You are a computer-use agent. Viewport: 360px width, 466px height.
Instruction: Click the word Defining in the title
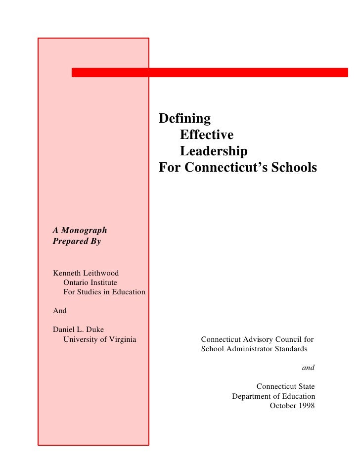pos(184,119)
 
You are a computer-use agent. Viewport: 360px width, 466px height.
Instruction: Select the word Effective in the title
pos(207,135)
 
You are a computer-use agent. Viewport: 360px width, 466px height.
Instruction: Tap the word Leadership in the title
pos(214,151)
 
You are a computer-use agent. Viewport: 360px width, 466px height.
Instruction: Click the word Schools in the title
pos(293,168)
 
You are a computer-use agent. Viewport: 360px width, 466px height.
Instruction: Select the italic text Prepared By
pos(77,242)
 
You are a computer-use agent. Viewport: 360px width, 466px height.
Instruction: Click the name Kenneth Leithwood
pos(86,273)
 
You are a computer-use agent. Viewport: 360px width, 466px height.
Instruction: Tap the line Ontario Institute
pos(90,282)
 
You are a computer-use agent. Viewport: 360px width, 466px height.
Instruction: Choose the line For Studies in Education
pos(104,292)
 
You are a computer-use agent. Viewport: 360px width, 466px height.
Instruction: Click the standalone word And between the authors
pos(59,311)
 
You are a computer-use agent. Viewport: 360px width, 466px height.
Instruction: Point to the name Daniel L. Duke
pos(78,329)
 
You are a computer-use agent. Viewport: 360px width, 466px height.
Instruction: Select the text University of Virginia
pos(100,339)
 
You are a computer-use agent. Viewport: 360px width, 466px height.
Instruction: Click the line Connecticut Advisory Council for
pos(257,339)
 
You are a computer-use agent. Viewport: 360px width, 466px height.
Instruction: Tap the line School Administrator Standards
pos(254,349)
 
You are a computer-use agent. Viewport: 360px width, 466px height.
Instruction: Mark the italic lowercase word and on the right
pos(308,368)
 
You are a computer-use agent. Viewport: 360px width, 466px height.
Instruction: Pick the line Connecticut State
pos(285,386)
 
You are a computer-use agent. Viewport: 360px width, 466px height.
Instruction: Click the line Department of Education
pos(273,396)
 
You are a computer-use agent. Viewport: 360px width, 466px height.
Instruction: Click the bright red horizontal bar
pos(210,72)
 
